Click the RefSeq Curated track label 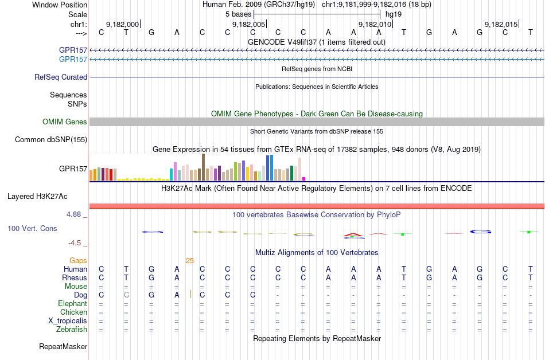[x=61, y=77]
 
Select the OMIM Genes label [x=65, y=122]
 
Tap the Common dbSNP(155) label [x=51, y=139]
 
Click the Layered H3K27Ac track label [x=37, y=196]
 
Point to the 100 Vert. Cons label [x=32, y=228]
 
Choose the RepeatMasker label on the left [x=63, y=347]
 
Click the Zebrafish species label [x=72, y=330]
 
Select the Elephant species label [x=72, y=303]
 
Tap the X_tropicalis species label [x=68, y=320]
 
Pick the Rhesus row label [x=75, y=277]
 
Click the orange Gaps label [x=78, y=260]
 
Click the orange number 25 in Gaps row [x=190, y=260]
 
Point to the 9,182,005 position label [x=249, y=25]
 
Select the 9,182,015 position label [x=501, y=25]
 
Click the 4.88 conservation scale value [x=76, y=214]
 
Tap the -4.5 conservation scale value [x=78, y=242]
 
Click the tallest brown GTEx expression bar [x=203, y=167]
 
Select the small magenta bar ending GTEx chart [x=304, y=178]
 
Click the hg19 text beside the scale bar [x=393, y=13]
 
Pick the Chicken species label [x=73, y=312]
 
